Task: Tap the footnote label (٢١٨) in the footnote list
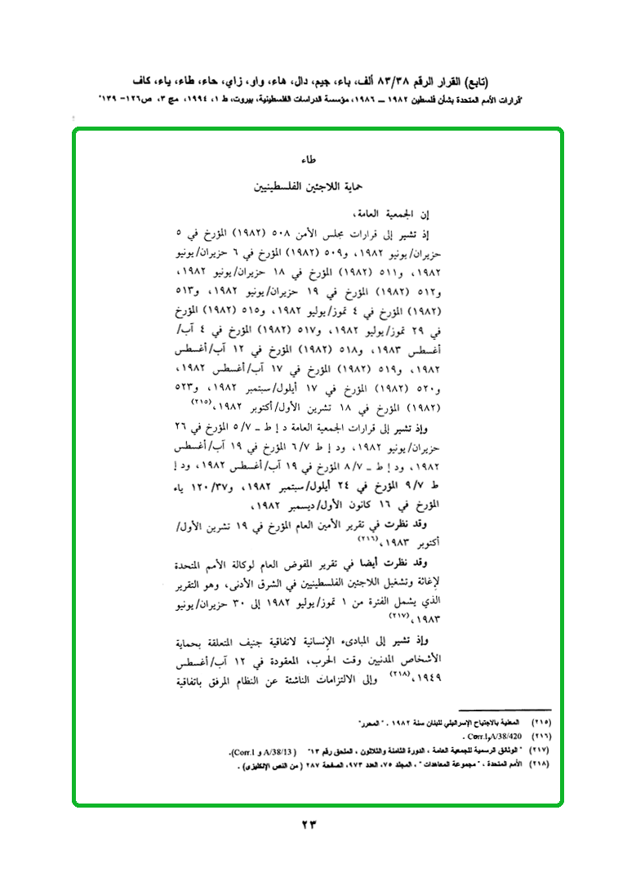540,764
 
